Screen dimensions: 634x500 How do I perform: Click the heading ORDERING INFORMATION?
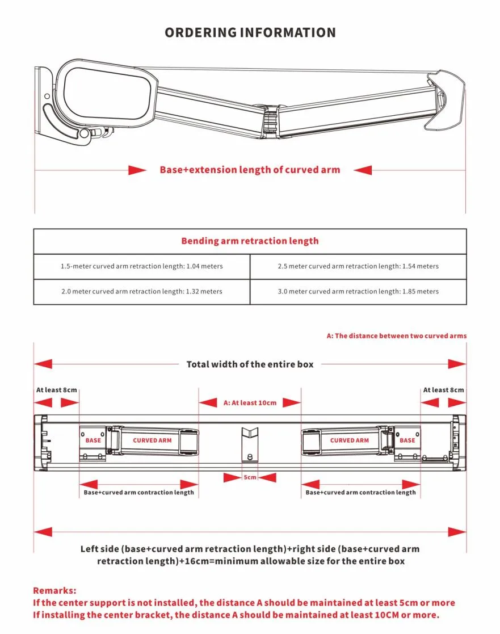click(250, 32)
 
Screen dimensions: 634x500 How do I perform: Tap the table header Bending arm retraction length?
click(250, 241)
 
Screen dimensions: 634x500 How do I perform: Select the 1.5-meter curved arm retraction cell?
click(142, 266)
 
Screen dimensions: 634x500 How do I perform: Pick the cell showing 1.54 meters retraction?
click(358, 266)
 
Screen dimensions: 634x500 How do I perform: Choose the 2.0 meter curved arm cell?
click(142, 291)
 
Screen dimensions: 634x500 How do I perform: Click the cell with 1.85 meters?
click(358, 291)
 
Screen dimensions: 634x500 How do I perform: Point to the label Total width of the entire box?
click(250, 364)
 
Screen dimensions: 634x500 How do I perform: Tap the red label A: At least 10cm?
click(250, 402)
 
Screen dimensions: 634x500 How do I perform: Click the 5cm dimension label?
click(250, 477)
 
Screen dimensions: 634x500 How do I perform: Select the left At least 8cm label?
click(57, 390)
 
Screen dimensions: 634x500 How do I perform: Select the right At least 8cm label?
click(443, 390)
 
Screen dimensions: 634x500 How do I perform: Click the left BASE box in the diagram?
click(93, 440)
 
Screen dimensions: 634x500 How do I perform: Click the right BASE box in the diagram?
click(407, 440)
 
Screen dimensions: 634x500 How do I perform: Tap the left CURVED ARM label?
click(152, 440)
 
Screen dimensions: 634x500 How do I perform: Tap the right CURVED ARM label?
click(349, 440)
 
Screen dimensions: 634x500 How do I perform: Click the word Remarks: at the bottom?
click(54, 591)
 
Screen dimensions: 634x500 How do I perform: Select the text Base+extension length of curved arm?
click(250, 170)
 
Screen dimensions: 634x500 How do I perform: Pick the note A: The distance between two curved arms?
click(396, 336)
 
